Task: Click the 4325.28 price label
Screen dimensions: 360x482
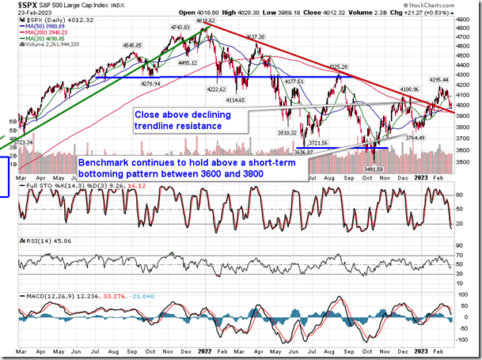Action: point(338,67)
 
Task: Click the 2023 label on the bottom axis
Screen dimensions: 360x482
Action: point(420,353)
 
